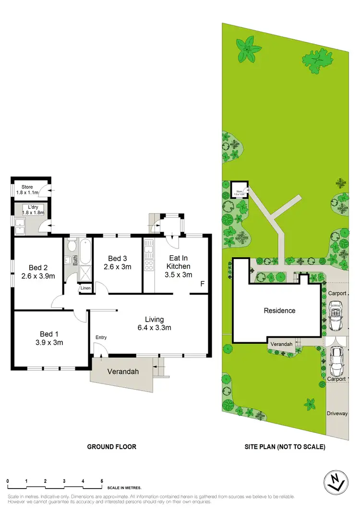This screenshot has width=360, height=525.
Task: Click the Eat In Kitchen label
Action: [x=179, y=266]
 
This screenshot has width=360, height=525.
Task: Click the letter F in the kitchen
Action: [x=202, y=284]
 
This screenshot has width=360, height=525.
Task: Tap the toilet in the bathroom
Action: [x=71, y=247]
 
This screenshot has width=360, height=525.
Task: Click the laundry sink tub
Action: [x=21, y=226]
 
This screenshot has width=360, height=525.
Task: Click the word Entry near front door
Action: [x=101, y=337]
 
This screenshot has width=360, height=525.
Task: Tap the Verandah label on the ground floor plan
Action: [x=120, y=371]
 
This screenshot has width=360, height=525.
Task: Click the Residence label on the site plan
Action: [x=279, y=310]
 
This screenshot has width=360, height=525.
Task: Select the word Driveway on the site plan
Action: [x=337, y=413]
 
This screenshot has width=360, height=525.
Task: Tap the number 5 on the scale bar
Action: [x=102, y=481]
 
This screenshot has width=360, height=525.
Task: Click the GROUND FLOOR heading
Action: [x=111, y=446]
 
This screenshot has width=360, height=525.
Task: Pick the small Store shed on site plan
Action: [x=239, y=190]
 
